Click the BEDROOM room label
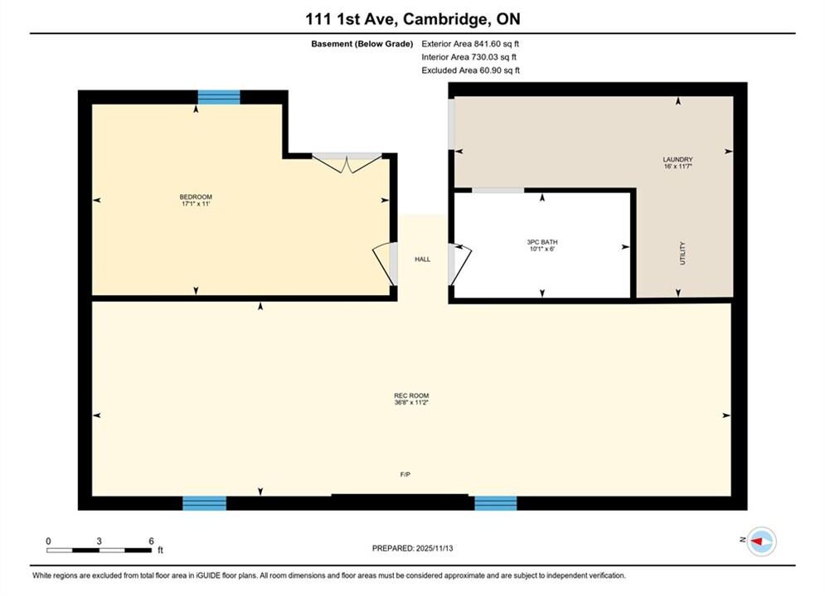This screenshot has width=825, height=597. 196,197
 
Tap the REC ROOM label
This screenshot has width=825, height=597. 411,396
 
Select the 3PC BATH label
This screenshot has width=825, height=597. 542,242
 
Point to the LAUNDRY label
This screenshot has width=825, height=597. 677,159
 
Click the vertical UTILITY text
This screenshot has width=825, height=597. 682,253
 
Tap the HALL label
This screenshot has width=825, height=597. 423,260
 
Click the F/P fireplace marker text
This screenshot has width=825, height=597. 405,474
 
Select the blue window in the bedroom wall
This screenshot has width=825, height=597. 219,97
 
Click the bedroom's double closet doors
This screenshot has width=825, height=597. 347,163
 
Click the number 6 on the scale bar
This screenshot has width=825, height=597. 151,541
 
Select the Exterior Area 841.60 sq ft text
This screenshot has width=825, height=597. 470,44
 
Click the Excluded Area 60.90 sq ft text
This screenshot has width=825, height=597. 470,70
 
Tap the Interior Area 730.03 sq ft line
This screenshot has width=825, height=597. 468,57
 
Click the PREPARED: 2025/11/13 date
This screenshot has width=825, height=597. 413,548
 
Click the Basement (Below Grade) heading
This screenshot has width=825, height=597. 362,44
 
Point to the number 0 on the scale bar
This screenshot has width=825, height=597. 48,541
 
